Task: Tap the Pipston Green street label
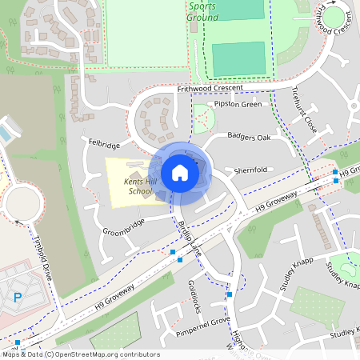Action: pos(234,104)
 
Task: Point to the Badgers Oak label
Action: pos(249,137)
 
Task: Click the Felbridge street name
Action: pos(104,146)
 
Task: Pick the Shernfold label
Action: pos(250,170)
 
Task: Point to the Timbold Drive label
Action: pos(42,256)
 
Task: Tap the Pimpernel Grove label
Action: pos(203,322)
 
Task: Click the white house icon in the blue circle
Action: pos(179,172)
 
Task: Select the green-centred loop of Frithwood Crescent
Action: pos(334,16)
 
